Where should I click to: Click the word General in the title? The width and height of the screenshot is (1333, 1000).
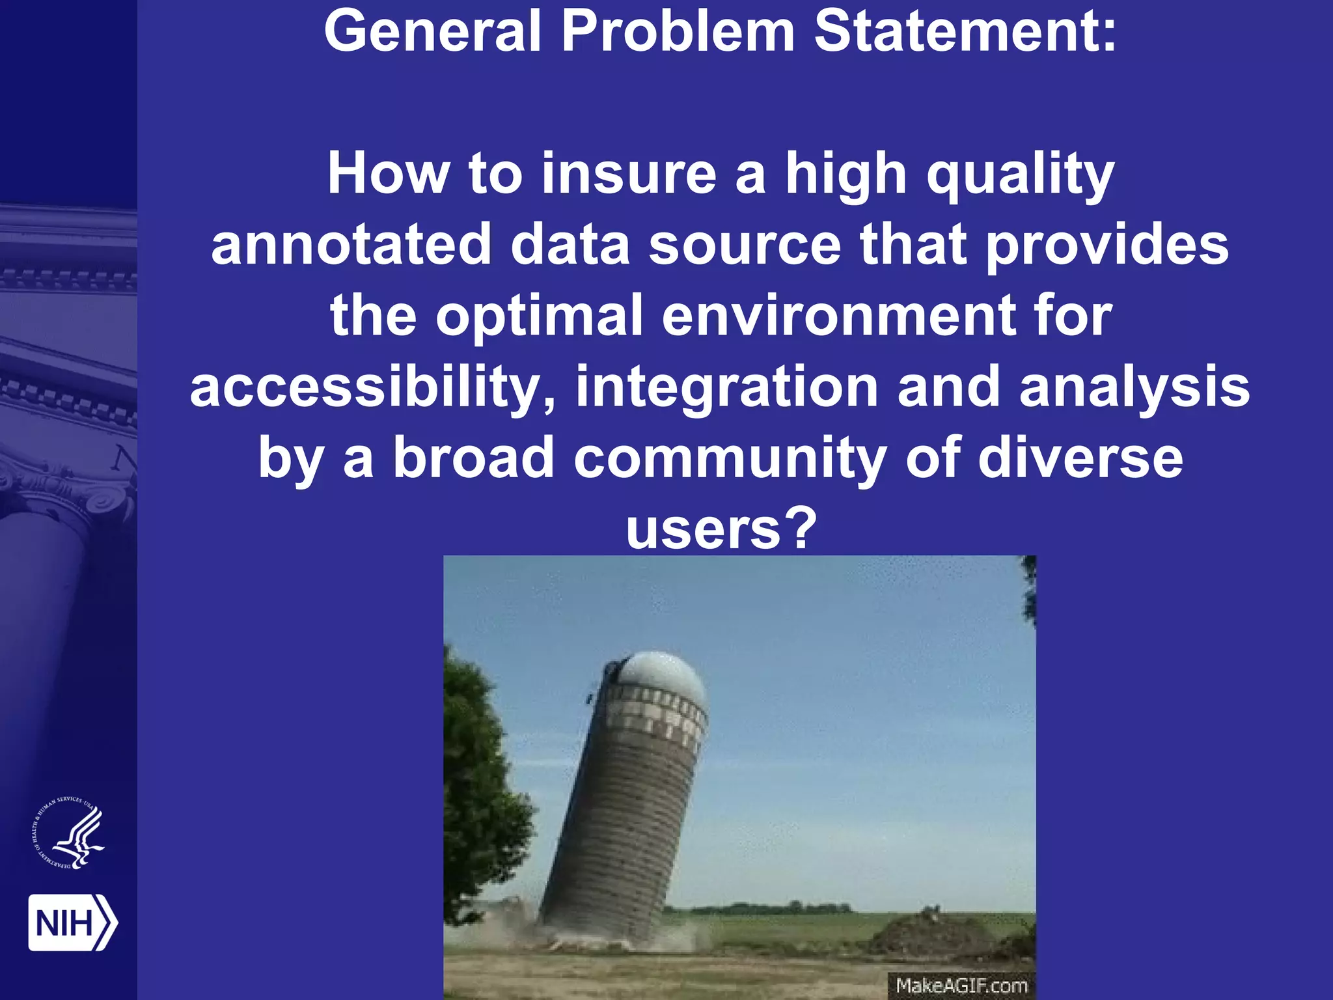coord(432,31)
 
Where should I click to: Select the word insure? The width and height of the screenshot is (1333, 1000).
coord(629,174)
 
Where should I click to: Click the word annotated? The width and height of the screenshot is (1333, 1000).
coord(351,245)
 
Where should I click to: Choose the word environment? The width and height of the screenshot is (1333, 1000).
coord(838,316)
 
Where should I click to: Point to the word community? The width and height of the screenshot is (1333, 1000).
coord(730,458)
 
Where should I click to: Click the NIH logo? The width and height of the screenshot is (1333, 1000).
coord(72,923)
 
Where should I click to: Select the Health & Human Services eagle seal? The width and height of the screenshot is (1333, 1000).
coord(69,834)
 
